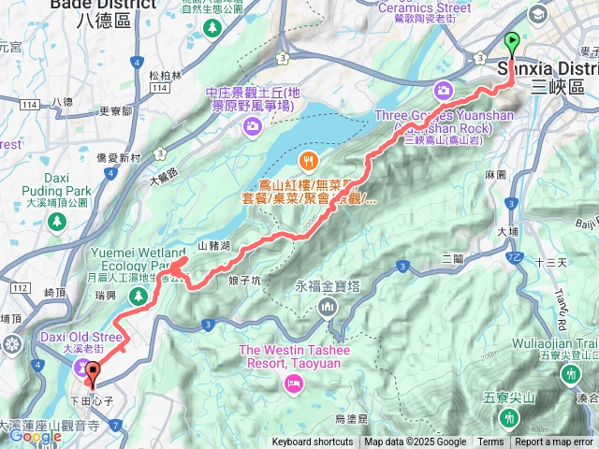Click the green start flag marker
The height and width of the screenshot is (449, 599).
(x=512, y=42)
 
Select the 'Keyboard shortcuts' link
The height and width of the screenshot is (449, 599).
(x=313, y=442)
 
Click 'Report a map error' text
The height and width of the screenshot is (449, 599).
(x=554, y=442)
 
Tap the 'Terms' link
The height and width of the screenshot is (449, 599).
(x=490, y=442)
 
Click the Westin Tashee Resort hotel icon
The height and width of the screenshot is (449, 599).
(x=294, y=383)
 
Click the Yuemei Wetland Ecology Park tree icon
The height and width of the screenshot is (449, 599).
(x=139, y=297)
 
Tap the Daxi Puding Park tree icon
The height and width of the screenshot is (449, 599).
(x=56, y=219)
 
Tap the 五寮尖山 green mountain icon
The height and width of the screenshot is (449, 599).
(x=506, y=415)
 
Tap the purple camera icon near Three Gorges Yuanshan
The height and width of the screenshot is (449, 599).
(x=442, y=90)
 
